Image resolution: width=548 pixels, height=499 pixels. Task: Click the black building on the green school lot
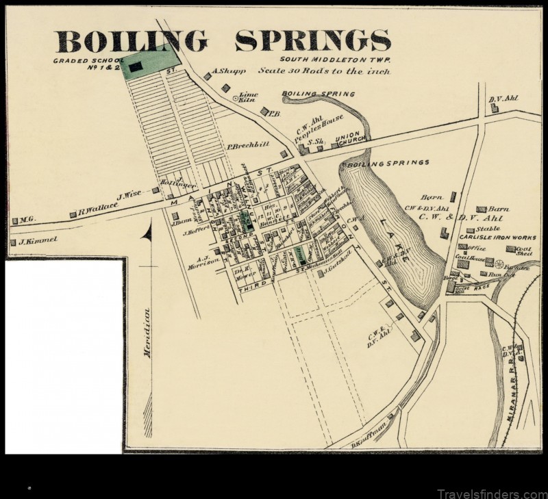136,66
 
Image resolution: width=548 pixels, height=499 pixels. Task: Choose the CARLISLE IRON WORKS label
498,238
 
